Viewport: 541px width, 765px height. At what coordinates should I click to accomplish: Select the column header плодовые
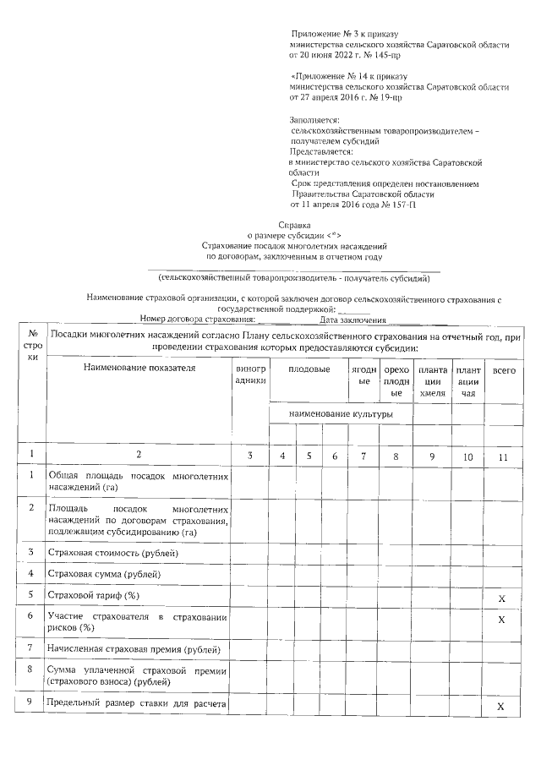point(309,369)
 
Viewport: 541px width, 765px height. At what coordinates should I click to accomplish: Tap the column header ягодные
point(363,375)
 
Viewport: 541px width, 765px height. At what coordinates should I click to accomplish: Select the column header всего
point(504,370)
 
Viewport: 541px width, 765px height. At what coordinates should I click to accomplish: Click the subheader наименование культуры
point(340,414)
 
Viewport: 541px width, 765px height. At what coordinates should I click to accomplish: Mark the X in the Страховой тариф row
point(501,598)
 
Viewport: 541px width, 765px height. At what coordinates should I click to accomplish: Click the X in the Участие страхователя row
point(501,620)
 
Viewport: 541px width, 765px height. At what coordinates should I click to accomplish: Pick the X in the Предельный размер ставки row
point(501,707)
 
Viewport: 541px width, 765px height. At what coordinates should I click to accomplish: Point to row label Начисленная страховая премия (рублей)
point(134,649)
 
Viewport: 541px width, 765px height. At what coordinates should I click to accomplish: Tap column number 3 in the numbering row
point(249,456)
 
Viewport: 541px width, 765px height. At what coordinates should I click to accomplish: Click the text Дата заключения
point(353,320)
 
